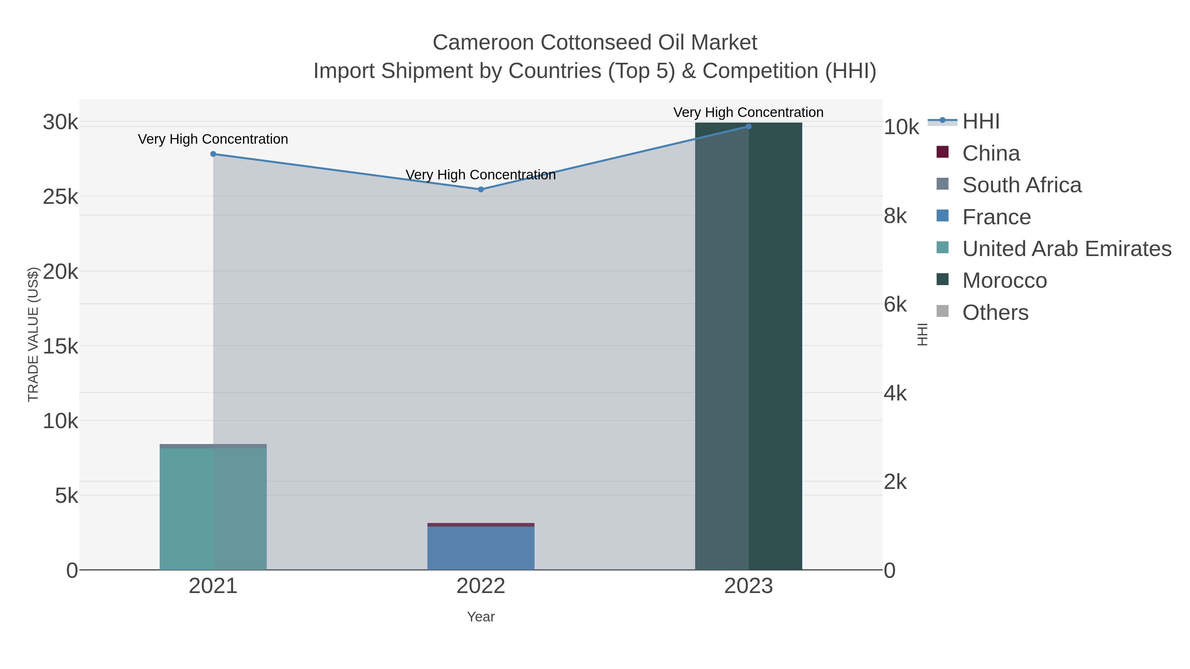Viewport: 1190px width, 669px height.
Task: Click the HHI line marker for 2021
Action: pyautogui.click(x=213, y=154)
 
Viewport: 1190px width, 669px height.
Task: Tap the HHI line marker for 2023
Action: pyautogui.click(x=748, y=127)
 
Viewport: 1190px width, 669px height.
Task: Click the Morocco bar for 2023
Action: pyautogui.click(x=748, y=346)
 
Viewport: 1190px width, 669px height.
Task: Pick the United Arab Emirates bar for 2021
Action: pyautogui.click(x=213, y=508)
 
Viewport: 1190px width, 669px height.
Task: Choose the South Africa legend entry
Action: pyautogui.click(x=1021, y=185)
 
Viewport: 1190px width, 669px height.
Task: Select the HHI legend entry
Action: pyautogui.click(x=980, y=122)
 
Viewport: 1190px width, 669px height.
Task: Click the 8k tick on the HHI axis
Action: pyautogui.click(x=895, y=216)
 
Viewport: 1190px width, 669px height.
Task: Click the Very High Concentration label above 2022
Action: pyautogui.click(x=480, y=175)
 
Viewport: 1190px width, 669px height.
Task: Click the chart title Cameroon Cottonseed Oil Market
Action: pyautogui.click(x=595, y=43)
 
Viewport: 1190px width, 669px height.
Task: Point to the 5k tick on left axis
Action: pyautogui.click(x=66, y=496)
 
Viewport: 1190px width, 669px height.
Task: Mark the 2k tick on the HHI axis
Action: pyautogui.click(x=895, y=482)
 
